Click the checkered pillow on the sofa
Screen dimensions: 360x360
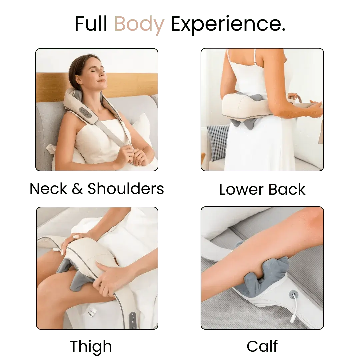[218, 142]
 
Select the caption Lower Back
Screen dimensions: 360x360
[262, 189]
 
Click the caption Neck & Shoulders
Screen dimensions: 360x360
[97, 189]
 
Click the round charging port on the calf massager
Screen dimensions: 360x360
[293, 294]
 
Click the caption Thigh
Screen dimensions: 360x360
[91, 347]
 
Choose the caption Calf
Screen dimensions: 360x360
[262, 347]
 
